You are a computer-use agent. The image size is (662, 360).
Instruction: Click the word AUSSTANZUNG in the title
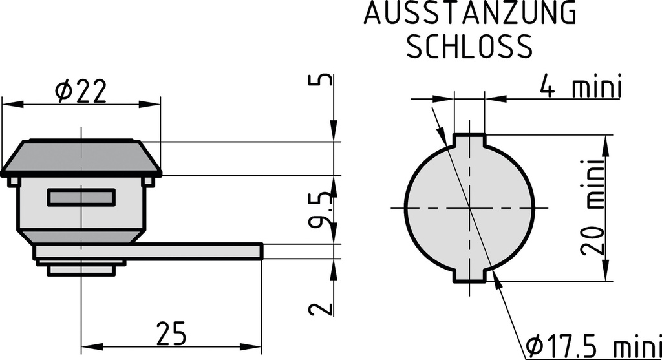[469, 14]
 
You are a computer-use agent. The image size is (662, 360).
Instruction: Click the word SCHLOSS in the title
[469, 46]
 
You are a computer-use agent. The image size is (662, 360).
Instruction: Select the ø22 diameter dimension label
[81, 91]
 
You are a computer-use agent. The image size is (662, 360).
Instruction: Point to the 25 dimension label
[171, 334]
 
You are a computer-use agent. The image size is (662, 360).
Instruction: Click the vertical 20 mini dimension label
[593, 207]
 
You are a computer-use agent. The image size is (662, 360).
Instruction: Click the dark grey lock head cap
[81, 157]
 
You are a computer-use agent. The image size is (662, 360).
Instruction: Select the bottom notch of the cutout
[469, 276]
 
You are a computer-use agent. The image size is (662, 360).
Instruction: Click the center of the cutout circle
[469, 208]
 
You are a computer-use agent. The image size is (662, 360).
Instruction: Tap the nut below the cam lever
[84, 268]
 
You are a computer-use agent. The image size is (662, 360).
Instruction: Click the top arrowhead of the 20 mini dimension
[607, 144]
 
